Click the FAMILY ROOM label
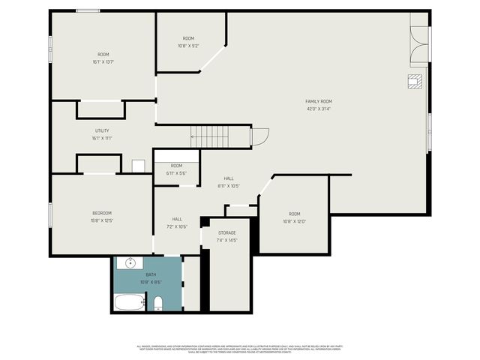tap(318, 101)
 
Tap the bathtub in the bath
tap(129, 303)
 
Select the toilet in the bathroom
tap(157, 303)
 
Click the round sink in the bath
tap(130, 264)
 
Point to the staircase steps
tap(219, 136)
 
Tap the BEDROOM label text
tap(102, 213)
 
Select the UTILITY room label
tap(102, 130)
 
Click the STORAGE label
tap(227, 232)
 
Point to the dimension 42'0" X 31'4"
tap(318, 109)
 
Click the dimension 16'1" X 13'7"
tap(103, 61)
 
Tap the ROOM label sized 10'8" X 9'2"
tap(188, 38)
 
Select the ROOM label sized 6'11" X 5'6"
tap(176, 166)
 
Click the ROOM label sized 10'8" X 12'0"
tap(294, 214)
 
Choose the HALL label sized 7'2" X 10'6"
tap(177, 219)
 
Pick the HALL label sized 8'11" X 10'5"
tap(229, 178)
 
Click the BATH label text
tap(151, 274)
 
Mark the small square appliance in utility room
tap(138, 166)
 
